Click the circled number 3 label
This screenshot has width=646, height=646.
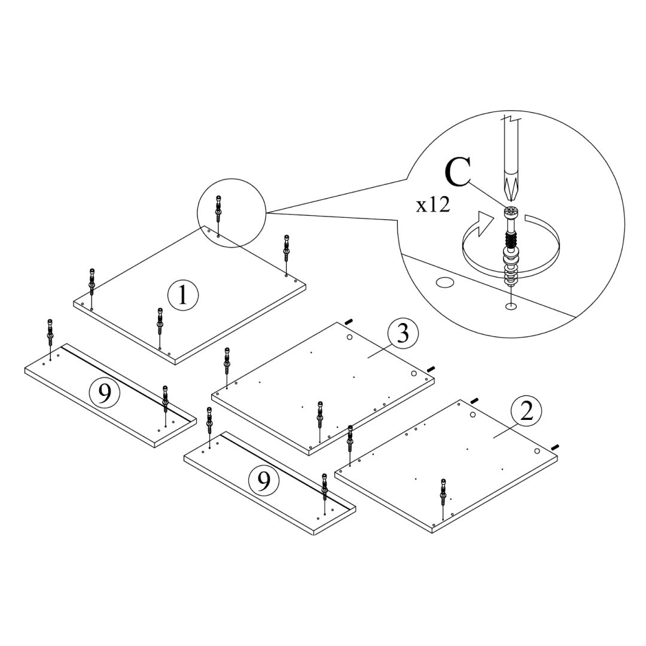click(x=403, y=334)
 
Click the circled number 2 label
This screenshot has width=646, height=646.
click(x=526, y=412)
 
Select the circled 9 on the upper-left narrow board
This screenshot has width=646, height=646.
click(x=104, y=393)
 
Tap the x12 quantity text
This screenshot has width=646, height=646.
click(x=433, y=205)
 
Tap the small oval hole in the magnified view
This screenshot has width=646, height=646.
click(x=444, y=282)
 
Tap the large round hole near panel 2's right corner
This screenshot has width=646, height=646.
click(x=538, y=452)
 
